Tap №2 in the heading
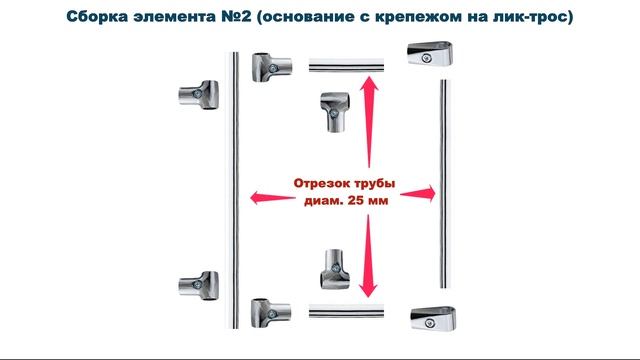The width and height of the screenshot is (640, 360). (239, 18)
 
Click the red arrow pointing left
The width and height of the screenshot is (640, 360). (267, 195)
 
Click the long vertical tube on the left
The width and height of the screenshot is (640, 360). (233, 190)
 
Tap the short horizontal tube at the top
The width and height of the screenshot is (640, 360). (346, 67)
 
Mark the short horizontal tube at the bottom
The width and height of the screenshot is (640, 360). (346, 312)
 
